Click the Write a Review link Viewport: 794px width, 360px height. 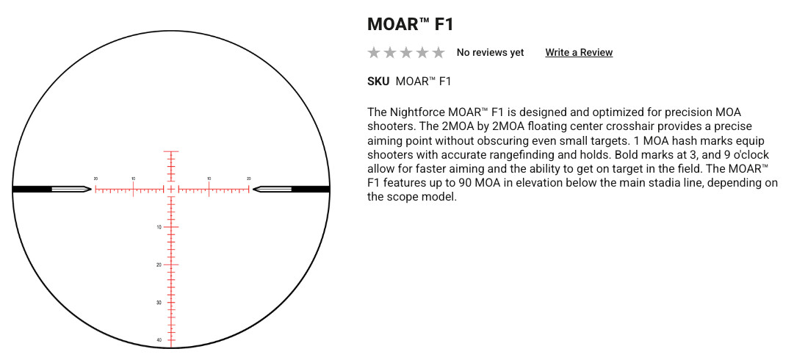click(579, 52)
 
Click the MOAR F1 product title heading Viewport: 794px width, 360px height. click(410, 24)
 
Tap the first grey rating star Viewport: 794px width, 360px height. click(374, 52)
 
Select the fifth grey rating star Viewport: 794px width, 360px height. click(438, 52)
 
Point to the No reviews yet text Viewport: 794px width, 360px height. click(490, 52)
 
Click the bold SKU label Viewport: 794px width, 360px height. click(378, 81)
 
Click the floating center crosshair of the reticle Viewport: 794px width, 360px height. click(171, 190)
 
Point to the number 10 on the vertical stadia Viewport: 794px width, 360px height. click(159, 227)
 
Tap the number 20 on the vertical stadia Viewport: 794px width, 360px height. click(159, 264)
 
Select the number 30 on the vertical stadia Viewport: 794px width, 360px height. click(159, 302)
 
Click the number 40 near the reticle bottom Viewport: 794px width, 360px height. click(159, 339)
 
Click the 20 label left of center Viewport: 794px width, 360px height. click(95, 179)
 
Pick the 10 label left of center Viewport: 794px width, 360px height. click(133, 179)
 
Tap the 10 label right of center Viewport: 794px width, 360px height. click(209, 179)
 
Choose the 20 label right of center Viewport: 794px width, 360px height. click(249, 179)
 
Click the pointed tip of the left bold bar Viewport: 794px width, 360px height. click(92, 190)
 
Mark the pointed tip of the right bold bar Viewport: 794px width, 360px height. click(253, 190)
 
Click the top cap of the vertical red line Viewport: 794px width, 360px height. click(171, 151)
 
